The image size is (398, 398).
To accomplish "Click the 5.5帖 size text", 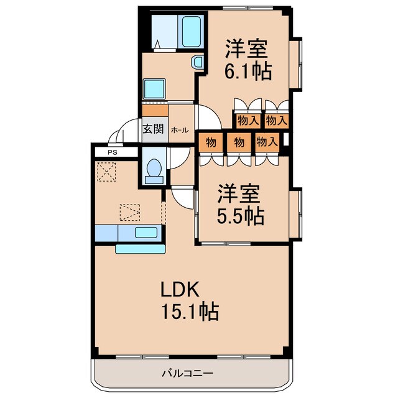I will (241, 216).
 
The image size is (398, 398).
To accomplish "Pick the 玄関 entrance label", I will (153, 129).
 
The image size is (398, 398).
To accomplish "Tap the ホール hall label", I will (180, 130).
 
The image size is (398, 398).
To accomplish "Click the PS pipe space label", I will (112, 151).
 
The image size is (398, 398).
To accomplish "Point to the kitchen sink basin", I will (146, 233).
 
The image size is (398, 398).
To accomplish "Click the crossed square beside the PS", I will (106, 170).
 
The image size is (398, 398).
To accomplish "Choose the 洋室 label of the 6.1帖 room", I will (248, 49).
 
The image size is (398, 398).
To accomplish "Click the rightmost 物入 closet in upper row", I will (276, 120).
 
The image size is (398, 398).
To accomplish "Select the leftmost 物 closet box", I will (211, 142).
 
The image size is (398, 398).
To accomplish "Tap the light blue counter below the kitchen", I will (140, 249).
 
